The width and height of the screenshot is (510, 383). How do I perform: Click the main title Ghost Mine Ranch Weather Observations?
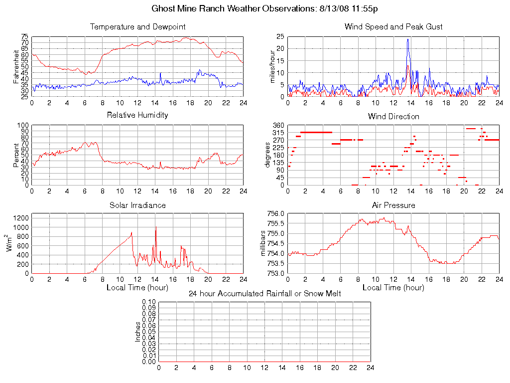pos(263,9)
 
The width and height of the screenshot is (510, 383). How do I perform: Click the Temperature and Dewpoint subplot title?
pos(137,26)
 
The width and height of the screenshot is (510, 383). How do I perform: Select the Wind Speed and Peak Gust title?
pos(393,26)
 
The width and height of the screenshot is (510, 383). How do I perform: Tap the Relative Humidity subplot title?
pos(137,115)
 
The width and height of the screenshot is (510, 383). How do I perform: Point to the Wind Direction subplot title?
pos(393,116)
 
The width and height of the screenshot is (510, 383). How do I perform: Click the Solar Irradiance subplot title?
pos(137,205)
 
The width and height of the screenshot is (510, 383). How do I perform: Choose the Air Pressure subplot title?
pos(393,205)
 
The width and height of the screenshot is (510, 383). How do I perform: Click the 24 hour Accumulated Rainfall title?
pos(264,294)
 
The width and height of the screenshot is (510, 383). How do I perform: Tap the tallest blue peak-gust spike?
pos(407,39)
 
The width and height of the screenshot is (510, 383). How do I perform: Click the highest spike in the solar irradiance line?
pos(156,228)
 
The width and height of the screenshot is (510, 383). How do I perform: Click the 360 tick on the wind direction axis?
pos(278,125)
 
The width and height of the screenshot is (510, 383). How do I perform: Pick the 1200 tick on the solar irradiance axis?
pos(20,217)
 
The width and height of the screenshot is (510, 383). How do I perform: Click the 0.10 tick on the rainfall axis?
pos(149,302)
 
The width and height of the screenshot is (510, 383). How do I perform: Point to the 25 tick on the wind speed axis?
pos(280,36)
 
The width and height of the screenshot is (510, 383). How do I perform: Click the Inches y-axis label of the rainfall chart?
pos(138,332)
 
